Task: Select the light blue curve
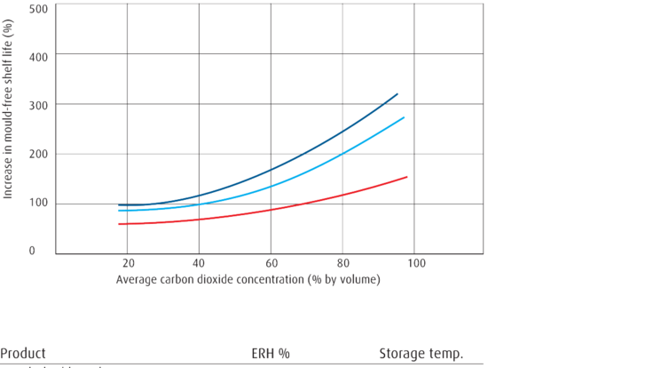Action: click(x=302, y=174)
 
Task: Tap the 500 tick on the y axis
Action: click(x=38, y=8)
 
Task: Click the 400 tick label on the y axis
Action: click(x=38, y=56)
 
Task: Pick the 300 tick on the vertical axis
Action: click(x=38, y=105)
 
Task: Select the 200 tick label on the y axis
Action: click(x=38, y=155)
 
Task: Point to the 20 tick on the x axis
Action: click(x=128, y=264)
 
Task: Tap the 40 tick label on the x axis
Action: click(x=200, y=264)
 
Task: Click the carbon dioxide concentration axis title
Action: click(x=248, y=280)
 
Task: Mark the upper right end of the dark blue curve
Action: click(x=398, y=93)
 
